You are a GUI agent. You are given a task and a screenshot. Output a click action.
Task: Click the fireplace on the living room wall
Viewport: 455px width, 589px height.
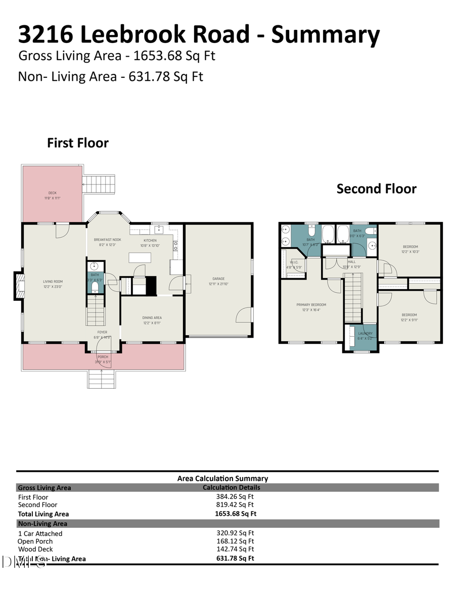coord(19,287)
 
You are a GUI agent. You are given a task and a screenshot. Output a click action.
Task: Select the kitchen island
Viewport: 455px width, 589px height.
coord(141,257)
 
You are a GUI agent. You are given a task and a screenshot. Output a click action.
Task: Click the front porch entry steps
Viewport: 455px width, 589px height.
coord(102,379)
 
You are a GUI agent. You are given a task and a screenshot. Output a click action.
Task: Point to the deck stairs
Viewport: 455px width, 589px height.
coord(100,184)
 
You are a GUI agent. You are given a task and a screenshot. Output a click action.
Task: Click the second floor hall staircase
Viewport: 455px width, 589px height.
coord(353,297)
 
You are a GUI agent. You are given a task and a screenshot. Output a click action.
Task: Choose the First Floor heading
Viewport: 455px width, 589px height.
coord(78,143)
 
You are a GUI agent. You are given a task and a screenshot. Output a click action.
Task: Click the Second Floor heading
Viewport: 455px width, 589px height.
coord(376,189)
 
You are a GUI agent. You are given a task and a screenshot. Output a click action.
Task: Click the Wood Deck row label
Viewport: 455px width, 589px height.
coord(35,549)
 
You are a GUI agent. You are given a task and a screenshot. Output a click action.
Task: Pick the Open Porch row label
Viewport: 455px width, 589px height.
coord(35,541)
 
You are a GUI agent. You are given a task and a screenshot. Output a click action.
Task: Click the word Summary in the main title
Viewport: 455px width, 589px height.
coord(326,34)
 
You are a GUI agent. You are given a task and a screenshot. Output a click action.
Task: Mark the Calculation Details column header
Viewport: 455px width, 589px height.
coord(232,487)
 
